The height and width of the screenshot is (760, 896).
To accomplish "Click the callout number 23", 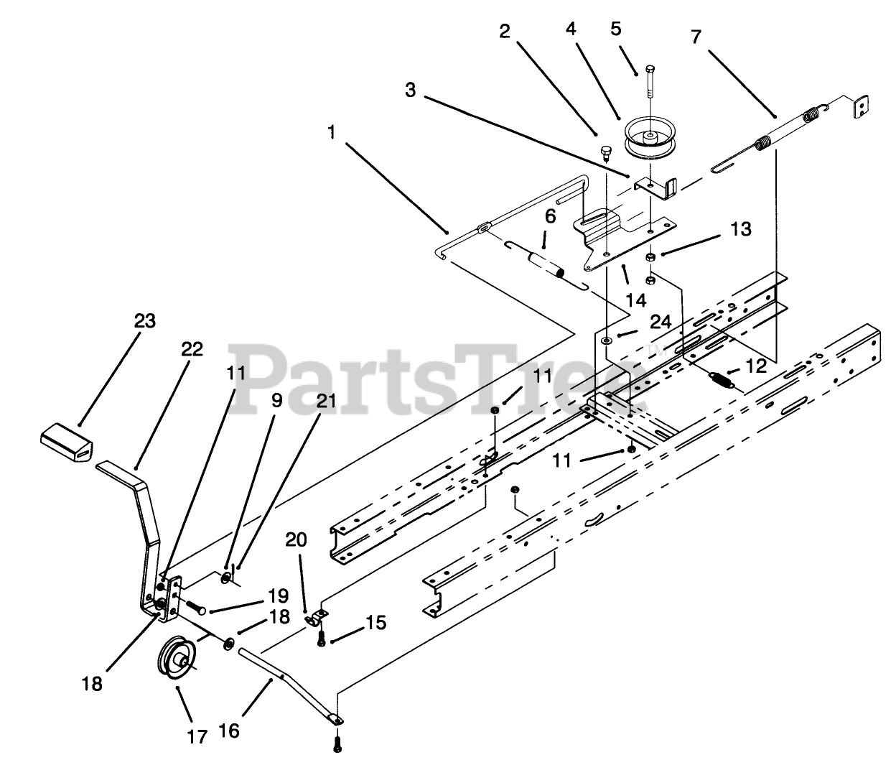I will click(145, 320).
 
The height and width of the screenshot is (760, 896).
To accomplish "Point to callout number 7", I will click(696, 37).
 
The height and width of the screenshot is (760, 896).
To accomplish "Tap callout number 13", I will click(741, 229).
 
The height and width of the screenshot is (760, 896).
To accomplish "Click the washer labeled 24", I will click(607, 338).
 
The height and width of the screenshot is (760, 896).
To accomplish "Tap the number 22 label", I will click(192, 350).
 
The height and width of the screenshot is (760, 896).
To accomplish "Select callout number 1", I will click(331, 132).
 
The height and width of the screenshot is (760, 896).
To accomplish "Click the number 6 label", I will click(550, 216).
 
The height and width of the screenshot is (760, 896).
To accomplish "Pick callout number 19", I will click(278, 596).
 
